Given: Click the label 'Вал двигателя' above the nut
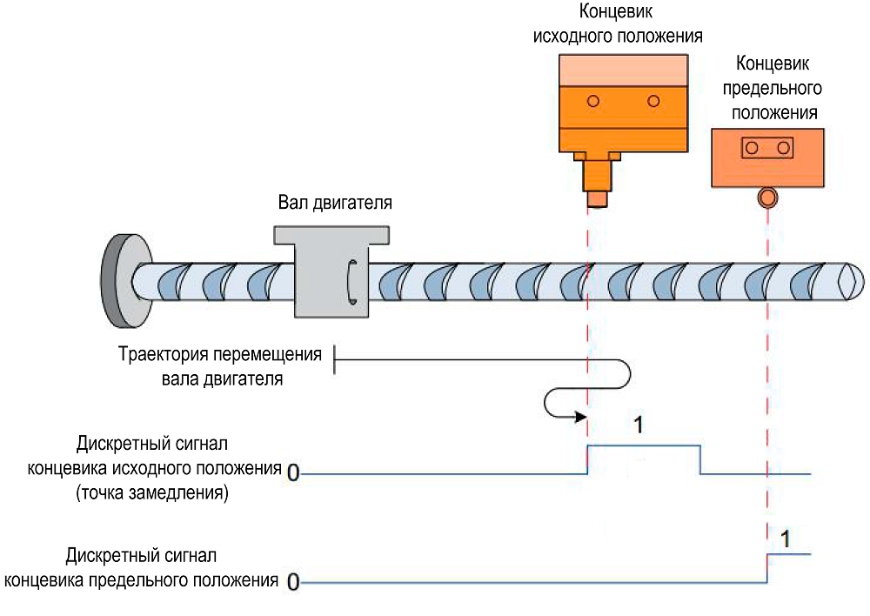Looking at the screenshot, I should click(335, 204).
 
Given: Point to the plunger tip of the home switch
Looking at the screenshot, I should click(596, 198).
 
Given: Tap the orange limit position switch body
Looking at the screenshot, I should click(766, 157).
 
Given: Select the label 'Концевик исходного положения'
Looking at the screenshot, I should click(622, 25).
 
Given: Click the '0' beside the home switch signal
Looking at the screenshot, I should click(292, 473).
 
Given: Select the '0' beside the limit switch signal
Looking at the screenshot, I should click(293, 581).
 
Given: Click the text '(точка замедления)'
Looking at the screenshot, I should click(152, 494).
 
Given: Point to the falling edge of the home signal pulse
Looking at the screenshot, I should click(700, 459).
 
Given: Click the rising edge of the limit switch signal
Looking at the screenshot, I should click(766, 567).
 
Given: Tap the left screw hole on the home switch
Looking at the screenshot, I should click(592, 101).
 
